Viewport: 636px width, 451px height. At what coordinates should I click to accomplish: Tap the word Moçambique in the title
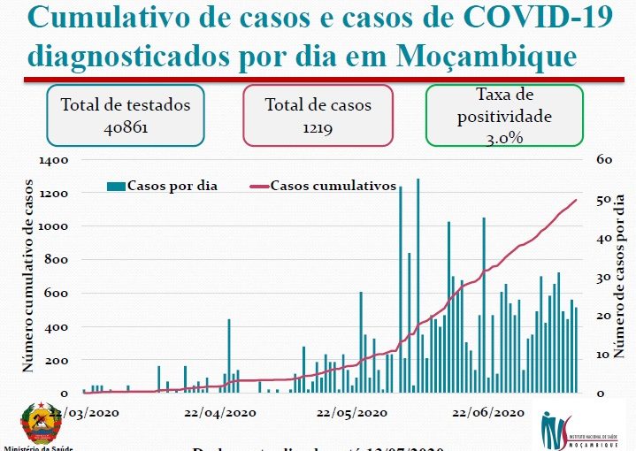coord(486,56)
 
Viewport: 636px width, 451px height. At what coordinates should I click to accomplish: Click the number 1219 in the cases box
coord(317,126)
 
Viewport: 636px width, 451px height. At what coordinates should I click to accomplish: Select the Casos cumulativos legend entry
coord(332,186)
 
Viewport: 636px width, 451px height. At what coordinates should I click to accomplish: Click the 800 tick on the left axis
coord(57,260)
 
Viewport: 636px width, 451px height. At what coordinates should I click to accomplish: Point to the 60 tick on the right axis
coord(604,160)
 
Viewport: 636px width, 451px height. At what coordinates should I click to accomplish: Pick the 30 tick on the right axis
coord(604,277)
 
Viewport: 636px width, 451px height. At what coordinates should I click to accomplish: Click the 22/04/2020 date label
coord(219,412)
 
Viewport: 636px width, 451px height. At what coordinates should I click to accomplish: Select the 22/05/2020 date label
coord(351,412)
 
